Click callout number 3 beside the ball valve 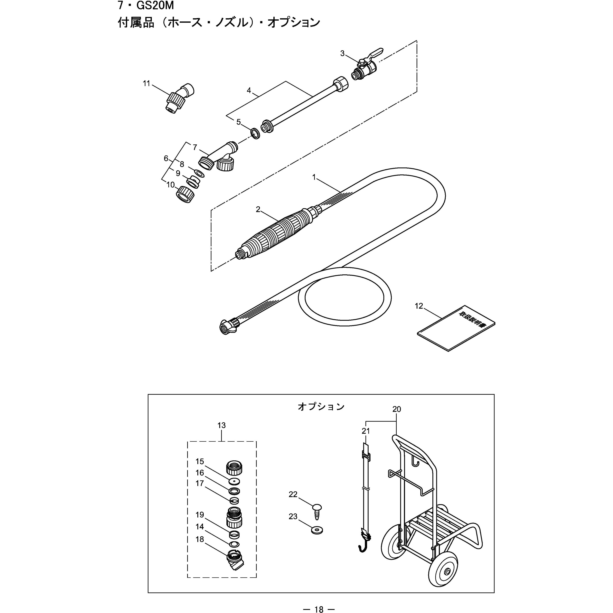342,54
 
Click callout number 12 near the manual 419,306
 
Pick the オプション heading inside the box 321,407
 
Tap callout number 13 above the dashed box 221,425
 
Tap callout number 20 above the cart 397,409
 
